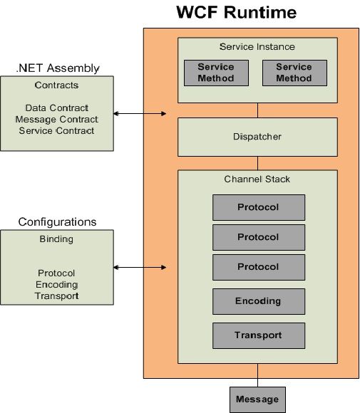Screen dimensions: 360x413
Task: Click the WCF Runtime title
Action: pyautogui.click(x=236, y=12)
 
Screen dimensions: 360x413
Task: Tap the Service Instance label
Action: pyautogui.click(x=257, y=46)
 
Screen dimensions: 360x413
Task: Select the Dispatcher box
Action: pyautogui.click(x=257, y=137)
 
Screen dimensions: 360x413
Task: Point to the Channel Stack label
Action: pyautogui.click(x=257, y=179)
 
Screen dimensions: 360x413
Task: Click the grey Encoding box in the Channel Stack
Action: pyautogui.click(x=259, y=301)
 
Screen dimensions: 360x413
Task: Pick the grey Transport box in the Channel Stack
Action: pyautogui.click(x=259, y=335)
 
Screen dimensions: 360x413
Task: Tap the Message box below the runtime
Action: pyautogui.click(x=257, y=399)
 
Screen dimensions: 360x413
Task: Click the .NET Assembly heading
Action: pyautogui.click(x=58, y=68)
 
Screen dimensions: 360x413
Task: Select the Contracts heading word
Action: pyautogui.click(x=56, y=85)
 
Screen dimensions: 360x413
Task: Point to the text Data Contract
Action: pyautogui.click(x=57, y=108)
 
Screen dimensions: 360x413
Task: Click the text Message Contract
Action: pyautogui.click(x=57, y=120)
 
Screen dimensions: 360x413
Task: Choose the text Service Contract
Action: pyautogui.click(x=56, y=130)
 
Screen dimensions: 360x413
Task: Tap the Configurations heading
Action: pyautogui.click(x=57, y=221)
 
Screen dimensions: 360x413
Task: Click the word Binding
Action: pyautogui.click(x=56, y=239)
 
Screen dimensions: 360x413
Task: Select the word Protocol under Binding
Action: pyautogui.click(x=56, y=273)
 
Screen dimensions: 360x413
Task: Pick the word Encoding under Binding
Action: pyautogui.click(x=57, y=285)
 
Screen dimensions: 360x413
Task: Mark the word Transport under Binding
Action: pyautogui.click(x=57, y=296)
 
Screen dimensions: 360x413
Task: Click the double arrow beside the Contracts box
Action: pyautogui.click(x=140, y=113)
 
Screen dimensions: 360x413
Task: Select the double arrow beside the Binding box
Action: pyautogui.click(x=140, y=267)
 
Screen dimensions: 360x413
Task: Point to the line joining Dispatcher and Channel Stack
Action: pyautogui.click(x=257, y=163)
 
